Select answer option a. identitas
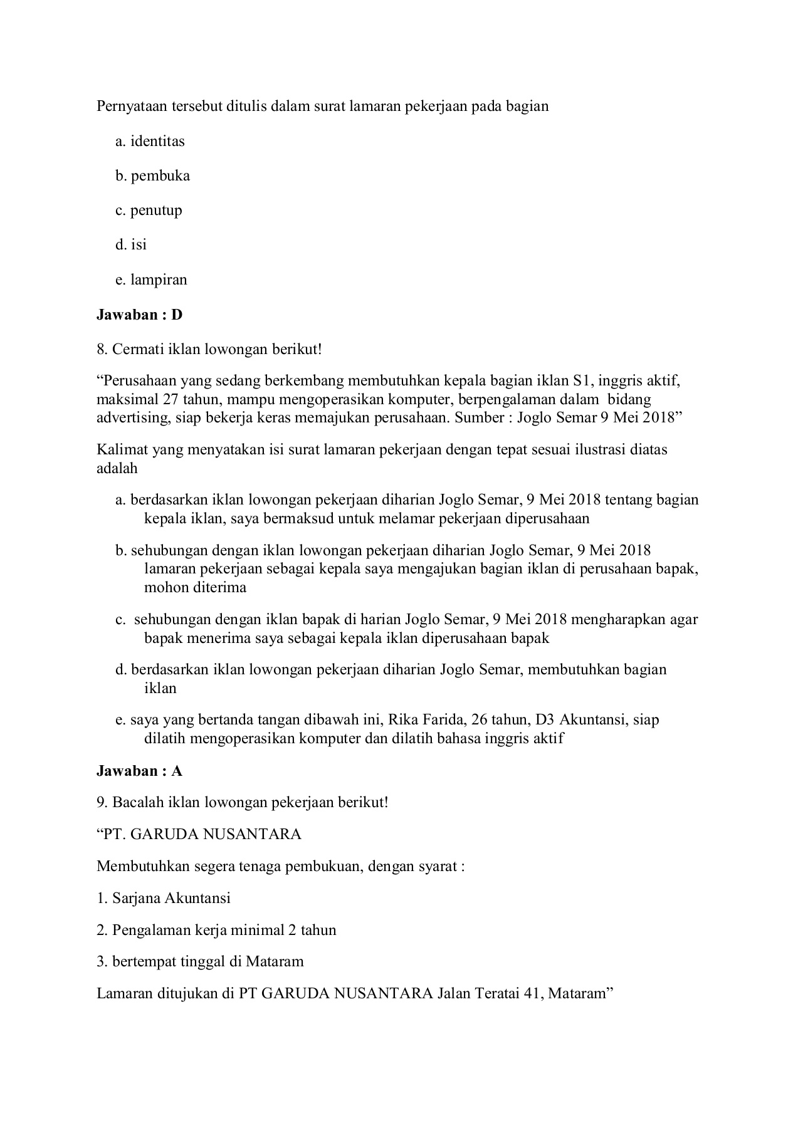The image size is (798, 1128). coord(150,142)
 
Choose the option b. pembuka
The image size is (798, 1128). coord(152,176)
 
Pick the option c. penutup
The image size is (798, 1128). coord(149,211)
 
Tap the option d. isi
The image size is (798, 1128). coord(131,244)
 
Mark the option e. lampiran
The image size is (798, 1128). coord(151,279)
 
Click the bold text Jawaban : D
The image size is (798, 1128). coord(139,315)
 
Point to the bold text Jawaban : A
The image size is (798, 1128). coord(139,771)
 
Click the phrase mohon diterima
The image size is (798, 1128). coord(195,588)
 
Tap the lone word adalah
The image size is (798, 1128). coord(117,468)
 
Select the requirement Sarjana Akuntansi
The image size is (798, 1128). coord(171,898)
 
